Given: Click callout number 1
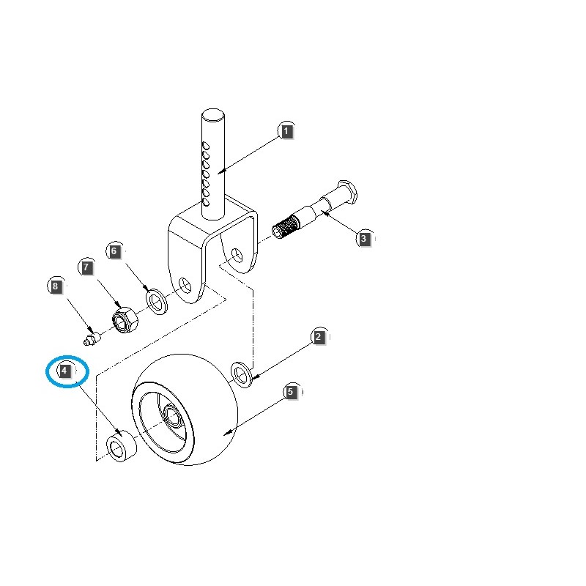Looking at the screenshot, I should click(x=286, y=132).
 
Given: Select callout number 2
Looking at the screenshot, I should click(x=319, y=338).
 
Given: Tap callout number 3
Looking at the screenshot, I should click(x=363, y=238).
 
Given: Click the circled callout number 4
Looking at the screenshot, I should click(x=65, y=371).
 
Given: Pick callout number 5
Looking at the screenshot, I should click(x=291, y=393).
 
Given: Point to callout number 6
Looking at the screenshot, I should click(x=114, y=251).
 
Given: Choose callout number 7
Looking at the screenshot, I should click(x=87, y=267).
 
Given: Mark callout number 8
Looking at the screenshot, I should click(x=55, y=286).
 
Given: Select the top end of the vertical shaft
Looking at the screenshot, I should click(x=213, y=114).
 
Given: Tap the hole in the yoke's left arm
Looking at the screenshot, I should click(x=184, y=283).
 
